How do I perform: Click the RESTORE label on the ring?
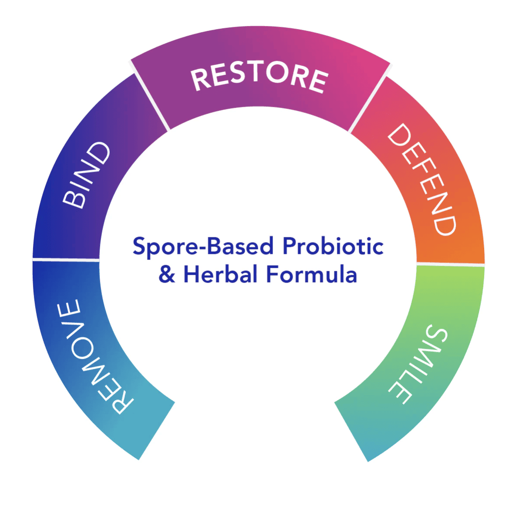(259, 77)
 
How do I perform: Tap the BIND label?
(86, 175)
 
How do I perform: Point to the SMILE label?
(418, 364)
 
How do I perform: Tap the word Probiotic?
(333, 246)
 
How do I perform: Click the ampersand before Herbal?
(167, 274)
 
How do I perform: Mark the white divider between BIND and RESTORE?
(150, 96)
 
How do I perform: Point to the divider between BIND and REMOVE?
(66, 260)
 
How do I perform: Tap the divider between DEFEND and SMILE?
(451, 264)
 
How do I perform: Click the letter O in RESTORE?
(277, 72)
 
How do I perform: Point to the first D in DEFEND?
(399, 135)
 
